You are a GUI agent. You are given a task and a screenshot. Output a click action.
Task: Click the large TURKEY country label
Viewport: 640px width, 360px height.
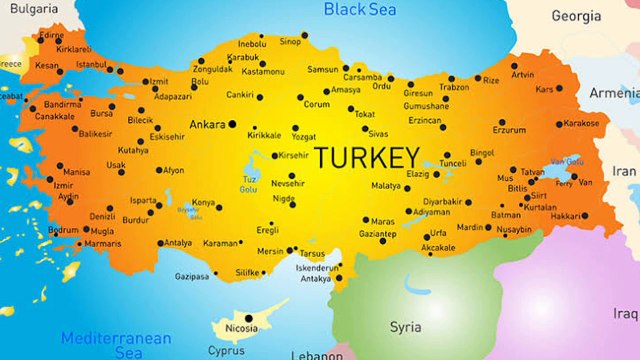366,158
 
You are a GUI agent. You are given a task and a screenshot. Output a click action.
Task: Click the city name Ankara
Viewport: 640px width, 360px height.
207,125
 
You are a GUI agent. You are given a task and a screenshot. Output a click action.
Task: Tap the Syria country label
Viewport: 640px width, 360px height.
405,326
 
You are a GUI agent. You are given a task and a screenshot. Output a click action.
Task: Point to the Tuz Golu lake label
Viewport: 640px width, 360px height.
250,184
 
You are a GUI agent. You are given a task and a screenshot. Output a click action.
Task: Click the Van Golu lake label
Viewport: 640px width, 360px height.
568,161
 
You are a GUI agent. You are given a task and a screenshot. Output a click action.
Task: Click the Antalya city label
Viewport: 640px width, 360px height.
177,242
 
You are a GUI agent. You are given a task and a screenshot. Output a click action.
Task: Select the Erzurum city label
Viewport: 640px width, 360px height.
510,129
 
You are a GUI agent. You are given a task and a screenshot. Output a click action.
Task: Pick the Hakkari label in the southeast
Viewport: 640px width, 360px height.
567,216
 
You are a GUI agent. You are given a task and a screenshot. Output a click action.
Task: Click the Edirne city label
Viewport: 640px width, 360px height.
49,34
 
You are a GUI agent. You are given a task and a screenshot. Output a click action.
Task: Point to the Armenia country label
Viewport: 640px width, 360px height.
612,92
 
